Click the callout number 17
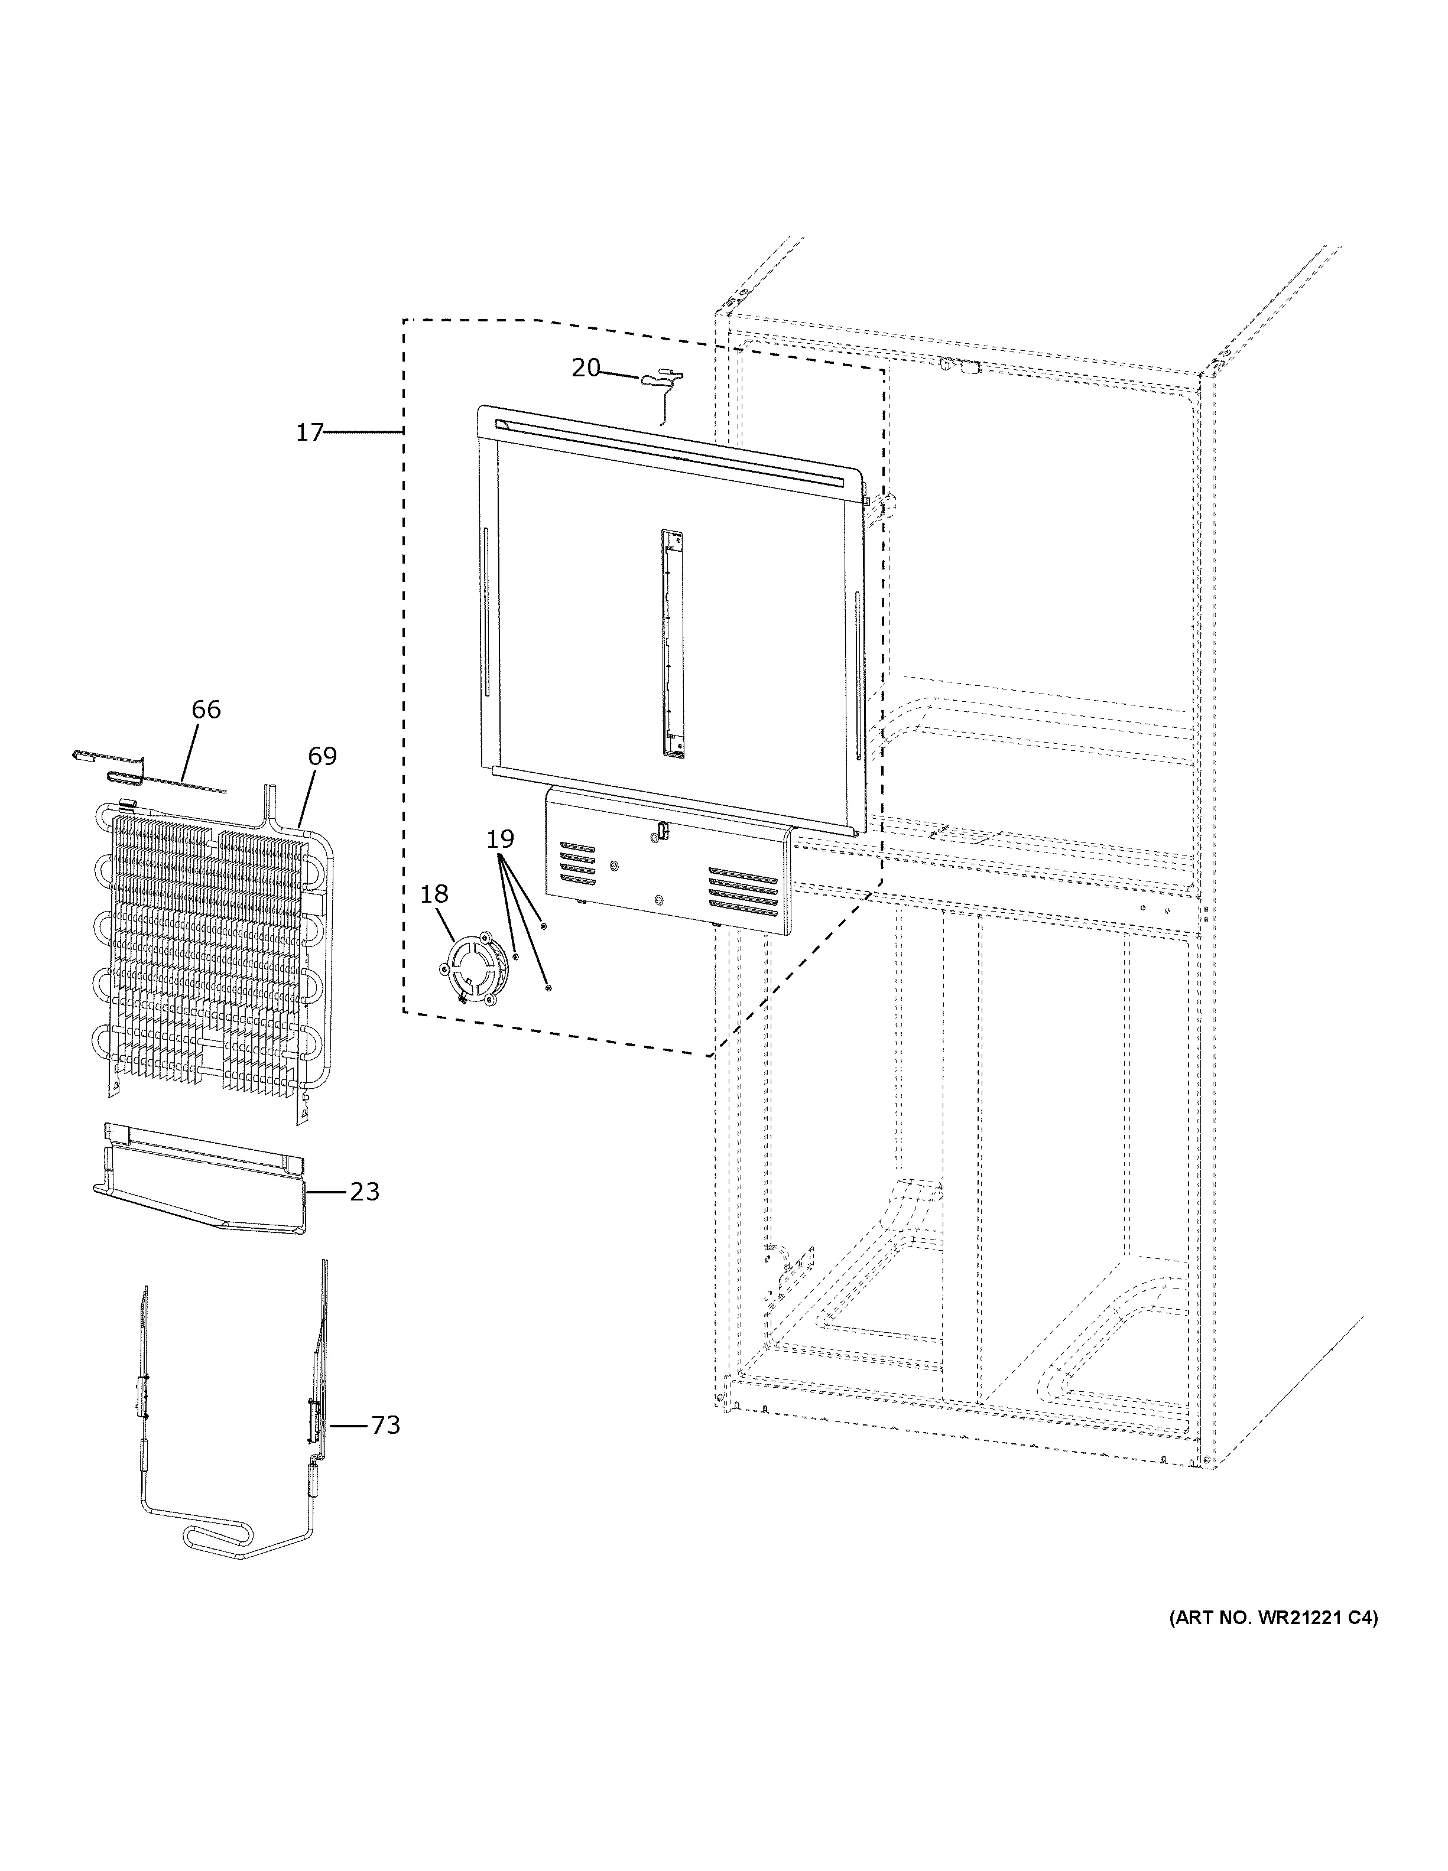pyautogui.click(x=309, y=432)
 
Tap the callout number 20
pyautogui.click(x=586, y=369)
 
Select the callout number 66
pyautogui.click(x=206, y=710)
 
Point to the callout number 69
pyautogui.click(x=322, y=756)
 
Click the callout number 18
pyautogui.click(x=434, y=894)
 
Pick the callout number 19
pyautogui.click(x=501, y=839)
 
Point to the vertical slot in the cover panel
pyautogui.click(x=673, y=643)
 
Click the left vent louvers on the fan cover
pyautogui.click(x=577, y=864)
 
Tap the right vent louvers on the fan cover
pyautogui.click(x=743, y=890)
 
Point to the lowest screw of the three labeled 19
pyautogui.click(x=548, y=988)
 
